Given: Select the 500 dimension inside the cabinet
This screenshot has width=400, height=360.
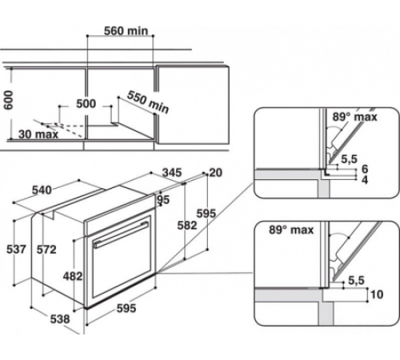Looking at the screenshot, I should coord(86,104).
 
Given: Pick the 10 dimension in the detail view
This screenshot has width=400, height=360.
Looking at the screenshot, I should coord(377,292).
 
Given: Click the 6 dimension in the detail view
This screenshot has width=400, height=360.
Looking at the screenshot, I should coord(365,170).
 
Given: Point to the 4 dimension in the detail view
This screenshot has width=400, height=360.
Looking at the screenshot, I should coord(365,181).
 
